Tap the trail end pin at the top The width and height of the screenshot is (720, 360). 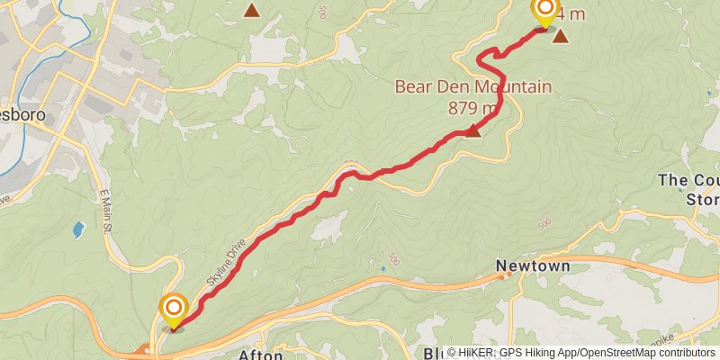pyautogui.click(x=544, y=12)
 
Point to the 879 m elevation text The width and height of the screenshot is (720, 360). pyautogui.click(x=473, y=108)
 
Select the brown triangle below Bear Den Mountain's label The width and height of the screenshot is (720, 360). pyautogui.click(x=472, y=131)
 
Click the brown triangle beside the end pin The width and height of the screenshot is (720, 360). pyautogui.click(x=561, y=36)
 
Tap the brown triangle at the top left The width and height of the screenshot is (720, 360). pyautogui.click(x=252, y=11)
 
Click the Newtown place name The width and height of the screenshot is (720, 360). pyautogui.click(x=533, y=267)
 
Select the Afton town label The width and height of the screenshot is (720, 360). pyautogui.click(x=261, y=355)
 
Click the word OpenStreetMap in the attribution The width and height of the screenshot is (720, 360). pyautogui.click(x=611, y=353)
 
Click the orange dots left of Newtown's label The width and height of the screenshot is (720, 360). pyautogui.click(x=508, y=274)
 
